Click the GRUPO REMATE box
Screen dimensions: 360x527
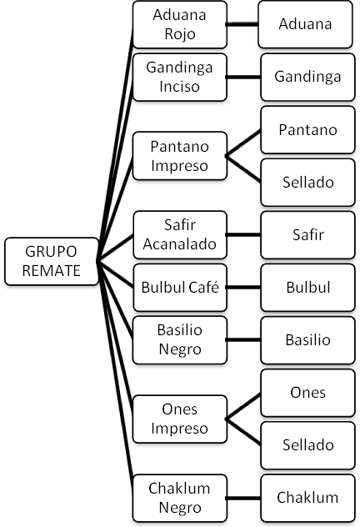coord(52,261)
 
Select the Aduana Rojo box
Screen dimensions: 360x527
coord(180,24)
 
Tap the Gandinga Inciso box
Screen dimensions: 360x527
coord(180,77)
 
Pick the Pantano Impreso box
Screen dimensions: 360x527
coord(180,156)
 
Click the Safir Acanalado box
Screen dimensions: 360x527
coord(180,234)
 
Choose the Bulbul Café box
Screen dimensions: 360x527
coord(180,288)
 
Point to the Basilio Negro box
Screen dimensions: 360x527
coord(180,339)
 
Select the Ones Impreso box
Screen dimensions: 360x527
coord(180,419)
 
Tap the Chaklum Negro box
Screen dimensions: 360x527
coord(180,498)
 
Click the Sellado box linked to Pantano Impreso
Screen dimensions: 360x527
coord(307,182)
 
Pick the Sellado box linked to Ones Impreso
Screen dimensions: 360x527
coord(307,445)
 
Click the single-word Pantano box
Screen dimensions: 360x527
coord(307,130)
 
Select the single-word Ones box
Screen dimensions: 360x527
coord(307,393)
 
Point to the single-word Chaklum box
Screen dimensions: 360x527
coord(307,498)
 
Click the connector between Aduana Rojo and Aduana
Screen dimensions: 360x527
coord(242,24)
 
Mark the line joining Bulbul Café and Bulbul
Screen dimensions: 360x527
coord(244,288)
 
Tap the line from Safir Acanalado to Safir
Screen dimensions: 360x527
coord(244,234)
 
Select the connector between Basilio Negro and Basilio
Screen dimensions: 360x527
coord(244,339)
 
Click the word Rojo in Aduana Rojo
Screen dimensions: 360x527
coord(180,34)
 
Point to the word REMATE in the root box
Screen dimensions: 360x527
coord(52,270)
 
